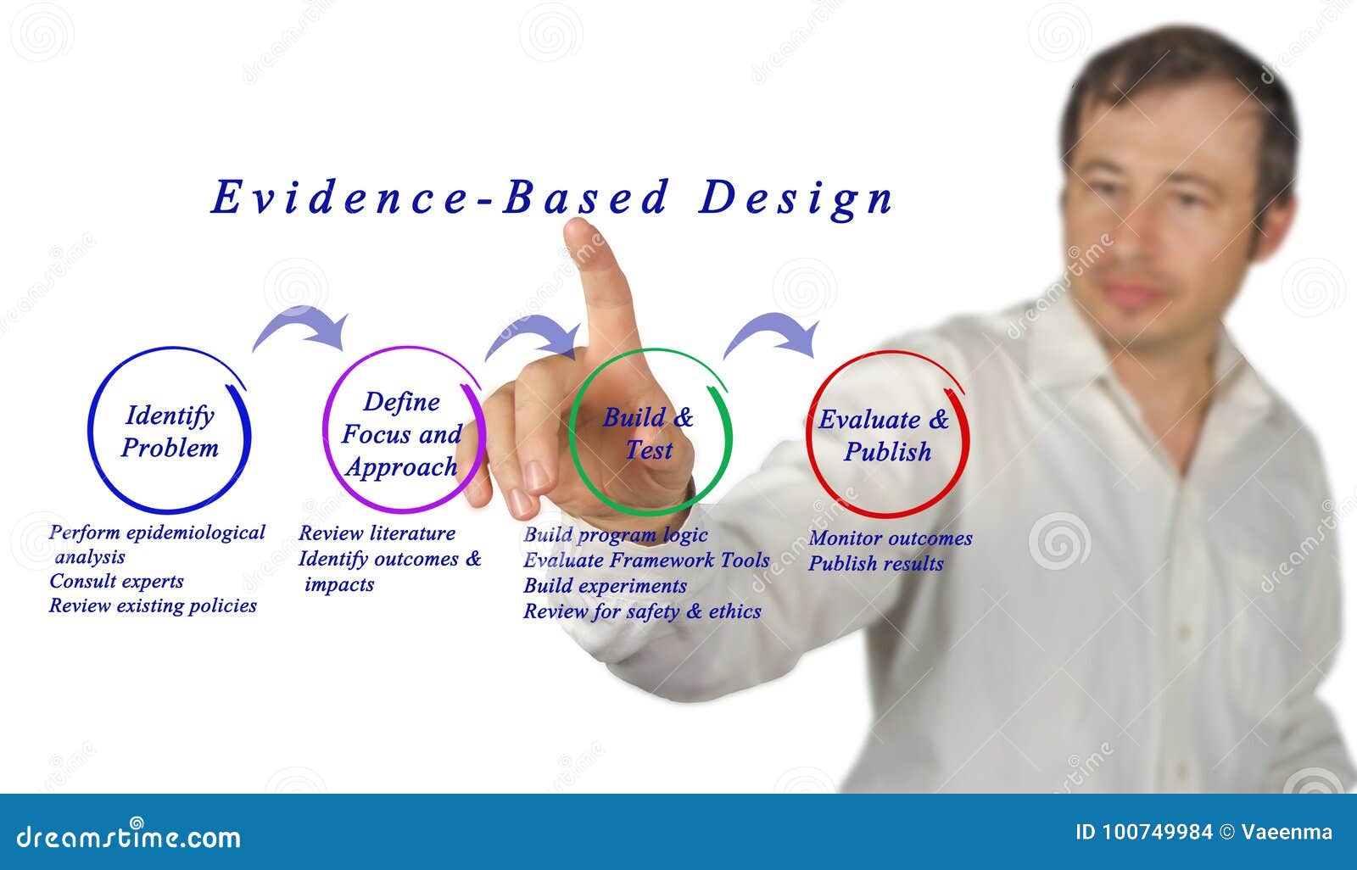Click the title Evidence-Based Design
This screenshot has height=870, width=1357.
(552, 198)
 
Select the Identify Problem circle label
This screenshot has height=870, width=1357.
(170, 432)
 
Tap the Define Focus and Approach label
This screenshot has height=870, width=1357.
(401, 434)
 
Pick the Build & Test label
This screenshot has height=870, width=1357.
(648, 433)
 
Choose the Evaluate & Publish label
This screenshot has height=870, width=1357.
(885, 435)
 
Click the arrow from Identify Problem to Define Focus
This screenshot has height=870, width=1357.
(302, 327)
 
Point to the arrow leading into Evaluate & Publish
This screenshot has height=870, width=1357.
(773, 333)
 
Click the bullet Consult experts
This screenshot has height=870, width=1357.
(116, 582)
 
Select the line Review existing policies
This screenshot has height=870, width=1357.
(153, 605)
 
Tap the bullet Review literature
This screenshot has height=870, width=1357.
(377, 533)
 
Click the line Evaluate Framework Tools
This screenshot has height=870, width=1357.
(646, 560)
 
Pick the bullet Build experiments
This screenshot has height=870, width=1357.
(605, 586)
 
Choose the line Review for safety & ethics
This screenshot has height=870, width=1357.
(642, 611)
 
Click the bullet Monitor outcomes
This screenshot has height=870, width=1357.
(891, 538)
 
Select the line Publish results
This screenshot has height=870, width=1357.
(875, 564)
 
